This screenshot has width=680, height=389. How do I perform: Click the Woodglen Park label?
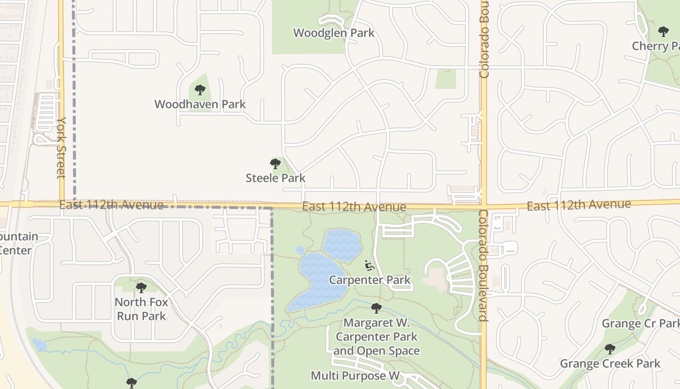point(334,33)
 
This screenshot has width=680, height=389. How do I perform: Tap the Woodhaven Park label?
point(200,104)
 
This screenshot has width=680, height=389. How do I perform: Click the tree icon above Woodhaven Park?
point(200,90)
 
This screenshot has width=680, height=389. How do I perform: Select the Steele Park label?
point(275,178)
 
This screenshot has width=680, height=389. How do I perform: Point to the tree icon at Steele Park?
point(275,164)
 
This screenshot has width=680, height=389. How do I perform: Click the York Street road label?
point(61,147)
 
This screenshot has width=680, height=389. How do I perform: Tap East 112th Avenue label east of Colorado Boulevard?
point(578,205)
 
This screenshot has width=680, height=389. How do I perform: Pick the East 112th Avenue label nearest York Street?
point(111,205)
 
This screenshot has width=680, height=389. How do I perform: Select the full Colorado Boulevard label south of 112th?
point(484,265)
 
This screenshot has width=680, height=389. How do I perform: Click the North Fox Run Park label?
point(141,309)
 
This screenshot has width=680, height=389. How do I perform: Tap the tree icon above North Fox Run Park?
point(141,288)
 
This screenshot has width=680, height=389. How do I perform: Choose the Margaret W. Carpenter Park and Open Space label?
point(376,336)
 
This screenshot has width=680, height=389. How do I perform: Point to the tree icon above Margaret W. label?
point(376,308)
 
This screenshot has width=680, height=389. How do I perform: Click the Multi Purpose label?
point(355,375)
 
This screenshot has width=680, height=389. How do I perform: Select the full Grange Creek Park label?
point(610,364)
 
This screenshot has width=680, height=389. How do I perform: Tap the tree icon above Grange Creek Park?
point(610,349)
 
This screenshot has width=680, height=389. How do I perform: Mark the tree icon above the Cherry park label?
point(663,32)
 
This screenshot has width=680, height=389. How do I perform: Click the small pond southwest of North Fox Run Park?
point(39,345)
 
